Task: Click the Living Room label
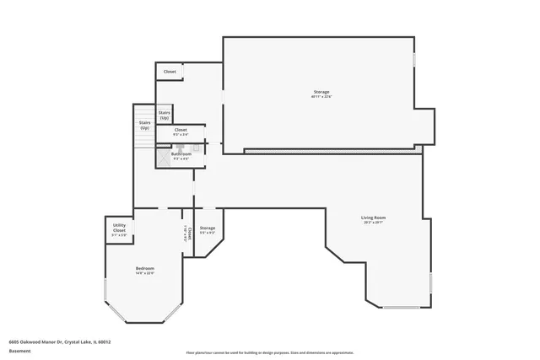coord(373,218)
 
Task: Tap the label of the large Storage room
coord(321,91)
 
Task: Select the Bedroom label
coord(145,268)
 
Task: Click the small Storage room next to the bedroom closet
coord(208,229)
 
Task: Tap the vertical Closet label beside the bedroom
coord(189,233)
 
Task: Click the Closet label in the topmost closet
coord(170,72)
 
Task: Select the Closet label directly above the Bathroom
coord(181,129)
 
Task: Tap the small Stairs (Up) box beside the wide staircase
coord(165,114)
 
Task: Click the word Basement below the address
coord(20,349)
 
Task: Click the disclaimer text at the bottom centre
coord(270,352)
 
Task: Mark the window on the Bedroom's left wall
coord(105,291)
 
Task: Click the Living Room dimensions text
coord(373,223)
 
